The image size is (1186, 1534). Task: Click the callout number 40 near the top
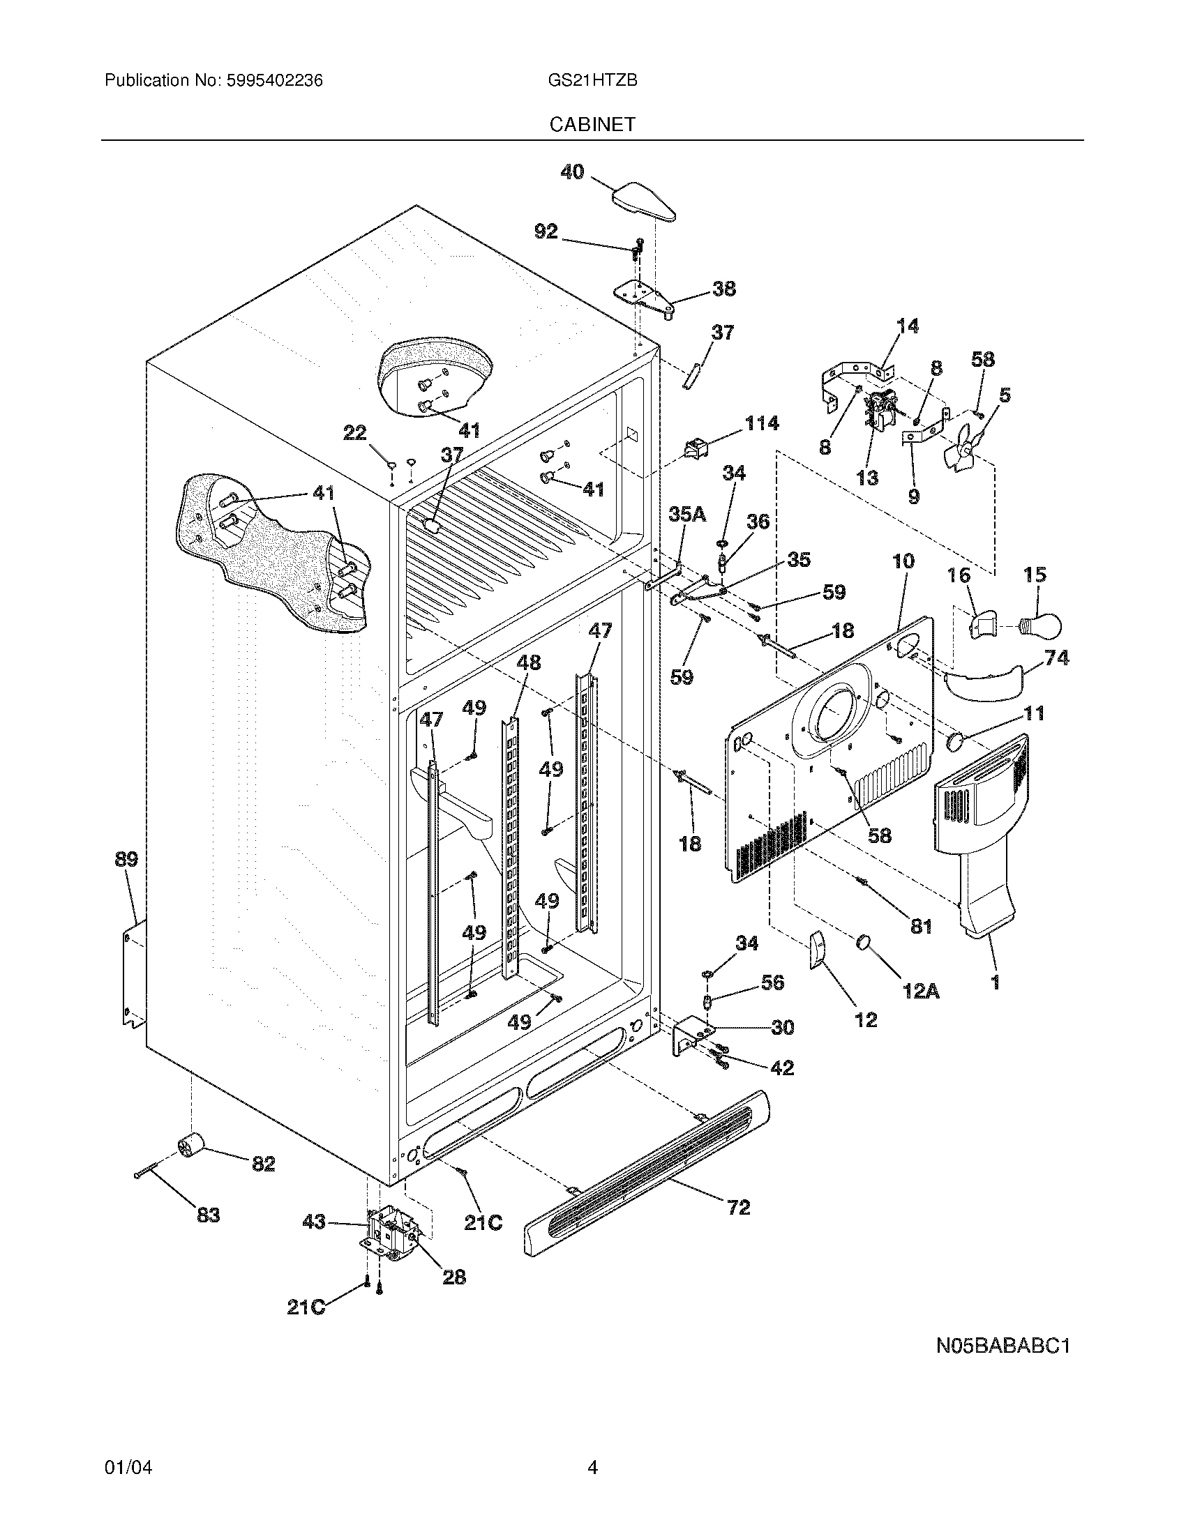click(572, 172)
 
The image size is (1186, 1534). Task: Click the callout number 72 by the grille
click(738, 1207)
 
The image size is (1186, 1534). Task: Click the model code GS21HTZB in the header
click(592, 81)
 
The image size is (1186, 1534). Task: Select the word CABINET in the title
click(592, 124)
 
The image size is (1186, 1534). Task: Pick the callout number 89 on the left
click(126, 859)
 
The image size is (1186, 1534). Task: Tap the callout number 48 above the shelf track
click(529, 662)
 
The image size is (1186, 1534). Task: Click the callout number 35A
click(686, 514)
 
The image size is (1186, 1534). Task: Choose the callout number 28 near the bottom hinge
click(454, 1276)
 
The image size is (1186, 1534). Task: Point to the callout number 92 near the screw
click(546, 231)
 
